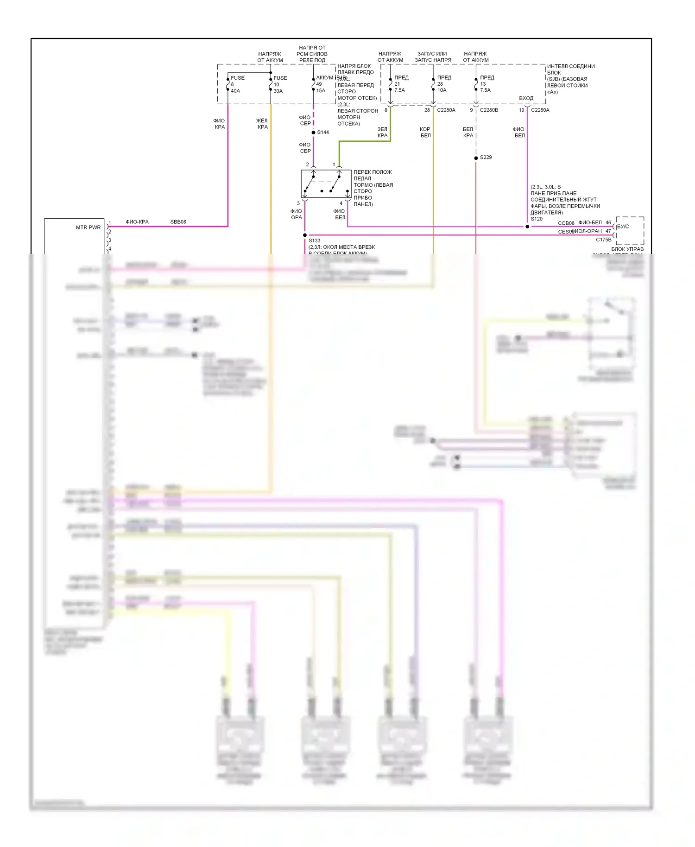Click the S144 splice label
tap(323, 133)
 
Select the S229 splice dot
tap(476, 158)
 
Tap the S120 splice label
tap(537, 219)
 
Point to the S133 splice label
tap(315, 240)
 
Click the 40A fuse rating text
tap(235, 91)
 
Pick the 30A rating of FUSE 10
tap(278, 91)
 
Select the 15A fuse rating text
tap(321, 91)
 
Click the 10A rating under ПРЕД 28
tap(442, 90)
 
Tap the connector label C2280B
tap(489, 110)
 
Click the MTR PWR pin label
tap(88, 228)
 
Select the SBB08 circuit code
tap(178, 222)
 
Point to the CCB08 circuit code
tap(566, 223)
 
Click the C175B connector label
tap(603, 240)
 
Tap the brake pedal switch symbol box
tap(326, 184)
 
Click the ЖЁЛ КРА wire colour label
tap(262, 124)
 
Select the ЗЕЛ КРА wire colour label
tap(382, 133)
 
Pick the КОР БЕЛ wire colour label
tap(425, 133)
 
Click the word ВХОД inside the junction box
tap(526, 98)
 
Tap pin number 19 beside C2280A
tap(521, 110)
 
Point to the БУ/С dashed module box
tap(630, 230)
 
